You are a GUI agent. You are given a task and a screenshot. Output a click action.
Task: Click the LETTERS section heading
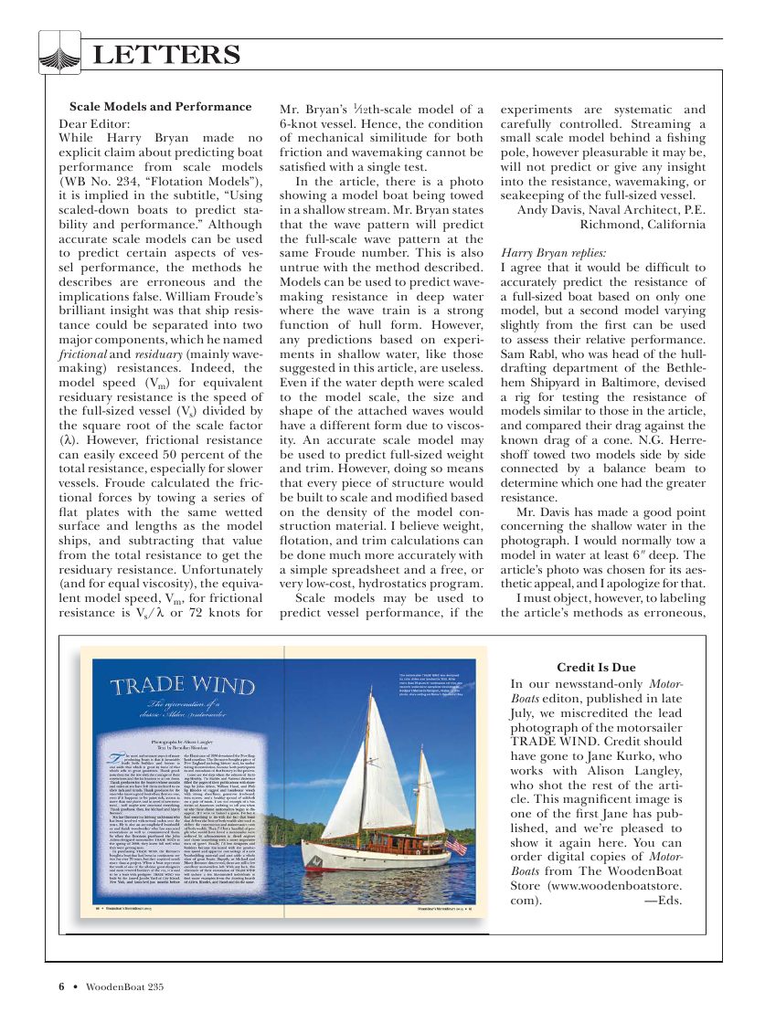click(x=167, y=55)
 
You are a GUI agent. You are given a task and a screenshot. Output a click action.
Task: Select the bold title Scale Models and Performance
click(x=160, y=107)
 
